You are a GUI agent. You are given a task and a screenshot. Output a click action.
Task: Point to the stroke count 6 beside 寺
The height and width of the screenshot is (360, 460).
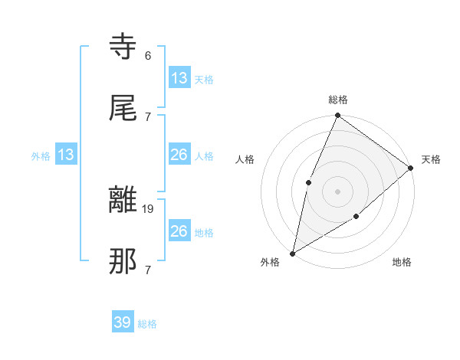click(148, 56)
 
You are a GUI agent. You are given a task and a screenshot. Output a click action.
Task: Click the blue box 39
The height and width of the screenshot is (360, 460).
click(122, 322)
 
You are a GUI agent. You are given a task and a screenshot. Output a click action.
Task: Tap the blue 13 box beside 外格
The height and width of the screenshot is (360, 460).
click(66, 155)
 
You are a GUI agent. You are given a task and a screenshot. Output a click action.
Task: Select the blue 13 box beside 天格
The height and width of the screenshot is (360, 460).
click(179, 78)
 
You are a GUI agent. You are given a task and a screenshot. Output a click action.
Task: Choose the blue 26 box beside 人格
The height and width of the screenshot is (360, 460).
click(179, 155)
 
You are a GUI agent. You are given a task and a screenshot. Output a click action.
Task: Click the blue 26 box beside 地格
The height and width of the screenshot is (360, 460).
click(179, 231)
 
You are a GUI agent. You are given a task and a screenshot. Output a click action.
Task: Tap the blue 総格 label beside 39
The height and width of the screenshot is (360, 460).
click(147, 324)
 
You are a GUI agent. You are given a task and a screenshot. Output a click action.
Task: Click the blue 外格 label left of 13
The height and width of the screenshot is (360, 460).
click(41, 156)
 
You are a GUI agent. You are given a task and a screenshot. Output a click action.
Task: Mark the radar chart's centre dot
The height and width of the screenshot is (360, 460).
click(337, 191)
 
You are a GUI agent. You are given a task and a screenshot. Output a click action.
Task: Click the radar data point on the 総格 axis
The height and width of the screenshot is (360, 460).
click(337, 116)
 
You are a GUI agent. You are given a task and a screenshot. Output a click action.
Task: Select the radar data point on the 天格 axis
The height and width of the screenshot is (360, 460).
click(411, 168)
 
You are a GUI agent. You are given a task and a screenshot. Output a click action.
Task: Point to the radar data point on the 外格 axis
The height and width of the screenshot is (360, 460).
click(292, 253)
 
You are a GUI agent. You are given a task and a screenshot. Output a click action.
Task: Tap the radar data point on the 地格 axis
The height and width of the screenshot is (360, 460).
click(356, 217)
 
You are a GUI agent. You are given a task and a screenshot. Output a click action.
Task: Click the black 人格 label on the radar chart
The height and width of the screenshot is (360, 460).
click(245, 159)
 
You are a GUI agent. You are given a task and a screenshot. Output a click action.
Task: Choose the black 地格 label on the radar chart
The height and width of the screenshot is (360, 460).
click(402, 263)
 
